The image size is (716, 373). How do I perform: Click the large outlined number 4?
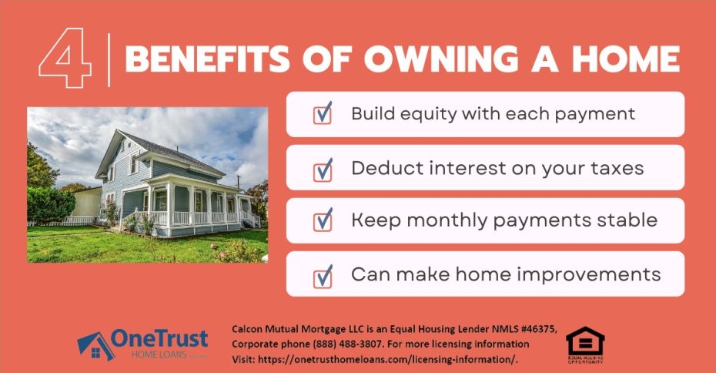coord(66,60)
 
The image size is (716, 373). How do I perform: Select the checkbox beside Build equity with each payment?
coord(322,114)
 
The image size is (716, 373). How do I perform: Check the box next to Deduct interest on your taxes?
coord(322,167)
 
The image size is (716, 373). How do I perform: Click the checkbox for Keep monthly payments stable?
coord(322,220)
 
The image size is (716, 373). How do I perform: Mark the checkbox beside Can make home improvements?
coord(322,274)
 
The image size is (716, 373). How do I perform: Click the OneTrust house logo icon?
coord(94,345)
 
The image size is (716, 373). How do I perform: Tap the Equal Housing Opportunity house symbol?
coord(585,341)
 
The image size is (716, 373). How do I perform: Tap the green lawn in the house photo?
coord(115,245)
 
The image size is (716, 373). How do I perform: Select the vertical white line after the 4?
coord(109,59)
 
